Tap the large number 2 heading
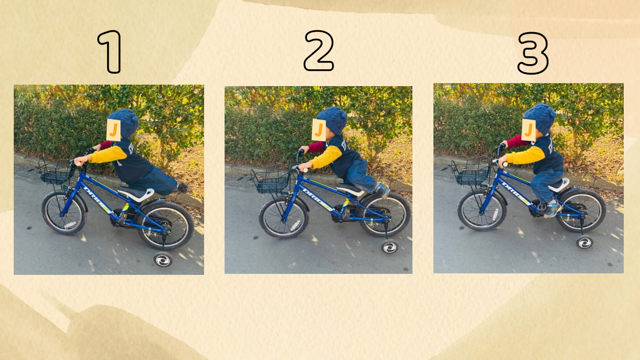click(319, 51)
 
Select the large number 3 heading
click(533, 53)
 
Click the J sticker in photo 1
click(114, 130)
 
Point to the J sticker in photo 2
click(319, 130)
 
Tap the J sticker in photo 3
click(529, 130)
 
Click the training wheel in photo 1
click(163, 260)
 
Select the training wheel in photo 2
click(389, 247)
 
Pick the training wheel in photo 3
click(584, 242)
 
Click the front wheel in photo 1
click(64, 213)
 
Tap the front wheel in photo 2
click(284, 217)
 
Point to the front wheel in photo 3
click(482, 210)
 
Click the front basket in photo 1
click(56, 171)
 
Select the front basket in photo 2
click(271, 181)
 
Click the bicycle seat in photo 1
click(137, 193)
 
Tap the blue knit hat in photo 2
click(334, 120)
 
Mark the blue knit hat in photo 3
click(540, 118)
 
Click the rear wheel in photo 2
click(384, 215)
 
